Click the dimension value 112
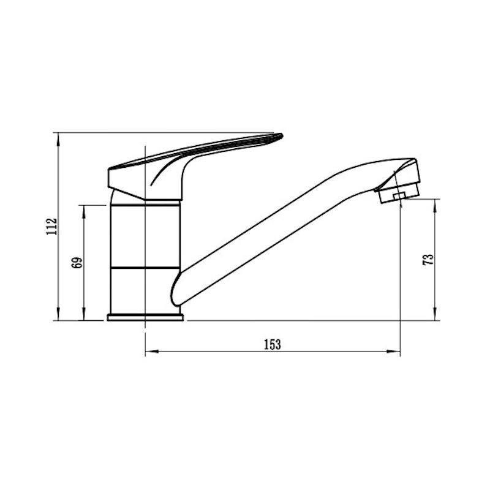coord(51,227)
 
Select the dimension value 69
coord(77,263)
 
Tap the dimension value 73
coord(428,260)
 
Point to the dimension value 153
coord(273,344)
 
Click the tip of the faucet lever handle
coord(282,135)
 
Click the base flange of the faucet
coord(145,317)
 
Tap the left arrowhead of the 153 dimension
coord(151,352)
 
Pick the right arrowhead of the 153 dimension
coord(394,352)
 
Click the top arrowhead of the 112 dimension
coord(58,139)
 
